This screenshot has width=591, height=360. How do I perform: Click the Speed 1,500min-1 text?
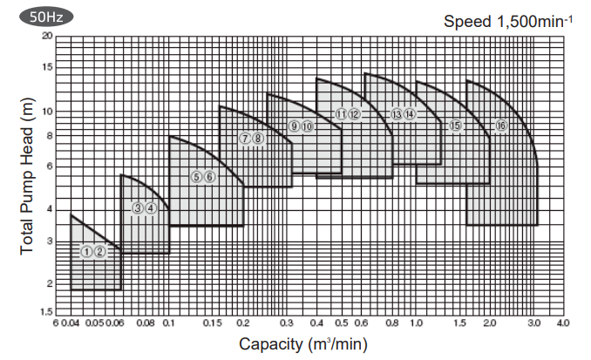(x=508, y=21)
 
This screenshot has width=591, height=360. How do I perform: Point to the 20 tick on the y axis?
(x=48, y=36)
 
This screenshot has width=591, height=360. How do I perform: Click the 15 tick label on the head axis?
(x=48, y=67)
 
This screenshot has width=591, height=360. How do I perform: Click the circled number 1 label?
(x=86, y=251)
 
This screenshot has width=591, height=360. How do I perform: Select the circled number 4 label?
(x=151, y=207)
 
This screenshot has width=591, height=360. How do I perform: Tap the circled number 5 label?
(x=196, y=176)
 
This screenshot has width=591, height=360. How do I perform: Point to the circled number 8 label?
(x=258, y=138)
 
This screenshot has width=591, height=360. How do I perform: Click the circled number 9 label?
(x=295, y=126)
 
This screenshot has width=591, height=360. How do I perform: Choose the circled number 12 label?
(x=355, y=114)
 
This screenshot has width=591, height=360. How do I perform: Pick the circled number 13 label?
(x=397, y=113)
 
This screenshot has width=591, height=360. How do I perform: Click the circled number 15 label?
(x=455, y=126)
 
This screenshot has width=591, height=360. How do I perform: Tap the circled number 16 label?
(x=500, y=126)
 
